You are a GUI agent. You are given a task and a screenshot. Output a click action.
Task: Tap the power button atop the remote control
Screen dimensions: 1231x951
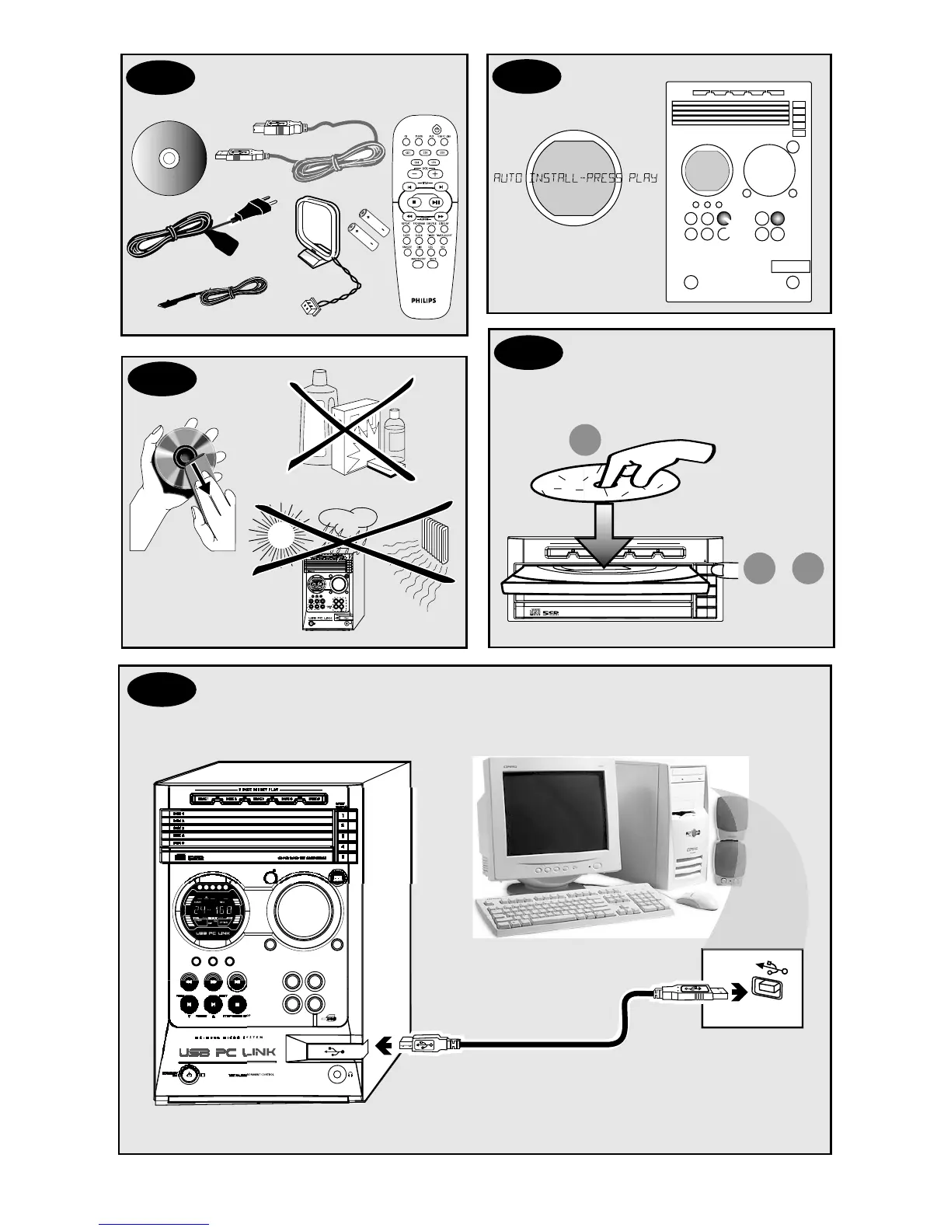point(437,129)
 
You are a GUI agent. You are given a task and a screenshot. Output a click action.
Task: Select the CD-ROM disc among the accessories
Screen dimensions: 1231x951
point(168,159)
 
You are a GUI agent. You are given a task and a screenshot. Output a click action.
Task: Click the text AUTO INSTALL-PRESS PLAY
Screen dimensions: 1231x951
point(575,178)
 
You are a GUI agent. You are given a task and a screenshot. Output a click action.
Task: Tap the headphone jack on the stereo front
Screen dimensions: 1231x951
point(337,1074)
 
